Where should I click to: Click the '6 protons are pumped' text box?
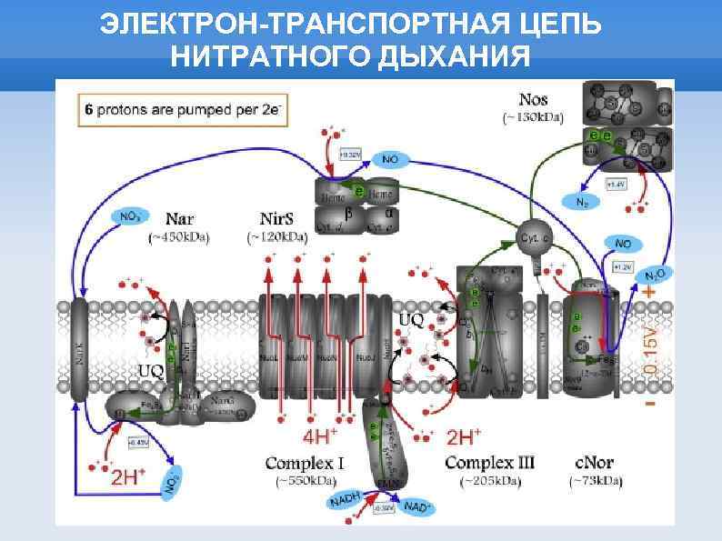183,109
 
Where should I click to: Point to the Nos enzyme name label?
533,99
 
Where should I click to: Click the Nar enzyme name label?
180,219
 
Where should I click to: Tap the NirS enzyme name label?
276,219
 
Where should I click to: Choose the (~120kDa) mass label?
276,238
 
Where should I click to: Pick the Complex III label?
489,463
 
